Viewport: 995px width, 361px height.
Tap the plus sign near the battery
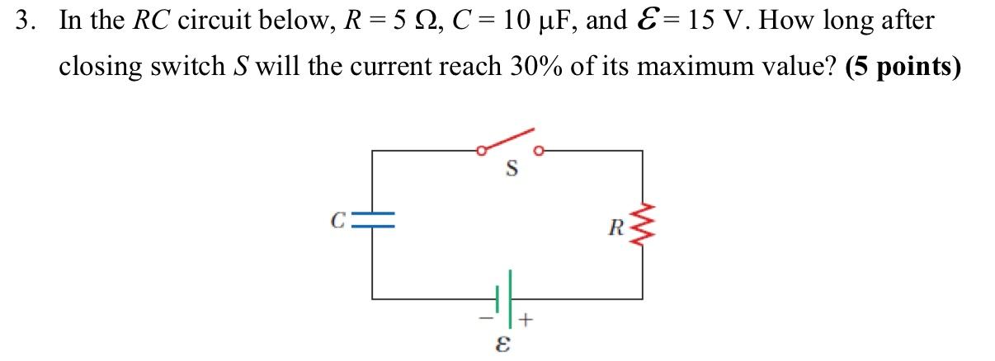pyautogui.click(x=528, y=316)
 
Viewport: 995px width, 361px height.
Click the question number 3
pyautogui.click(x=26, y=21)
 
